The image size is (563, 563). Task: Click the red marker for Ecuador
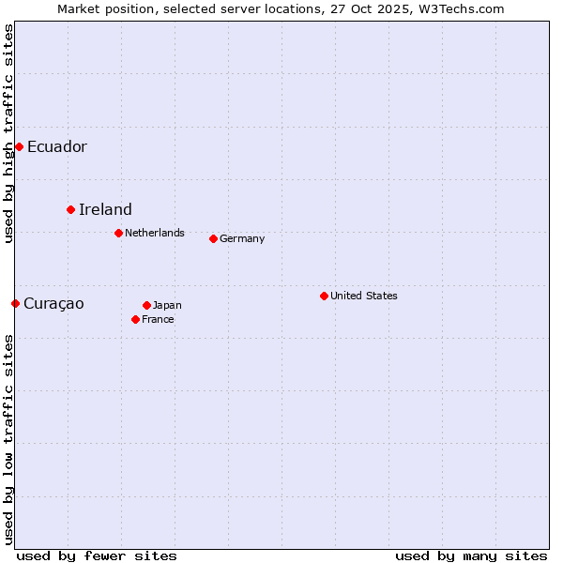19,146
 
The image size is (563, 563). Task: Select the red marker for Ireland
70,209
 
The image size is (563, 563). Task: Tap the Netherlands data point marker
118,233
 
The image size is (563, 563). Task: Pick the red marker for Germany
213,238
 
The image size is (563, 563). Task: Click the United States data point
324,296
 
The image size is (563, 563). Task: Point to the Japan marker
146,305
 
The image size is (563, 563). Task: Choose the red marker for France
135,319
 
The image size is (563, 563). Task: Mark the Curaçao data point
15,303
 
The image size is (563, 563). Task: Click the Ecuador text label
56,146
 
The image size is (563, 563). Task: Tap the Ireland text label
105,209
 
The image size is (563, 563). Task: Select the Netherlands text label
154,233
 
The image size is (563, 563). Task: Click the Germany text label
242,238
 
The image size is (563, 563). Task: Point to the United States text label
363,296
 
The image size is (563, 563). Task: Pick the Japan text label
167,305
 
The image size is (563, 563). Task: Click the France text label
158,319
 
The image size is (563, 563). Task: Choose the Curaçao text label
53,303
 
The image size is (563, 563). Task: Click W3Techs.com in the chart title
461,8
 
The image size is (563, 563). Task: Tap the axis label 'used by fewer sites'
97,555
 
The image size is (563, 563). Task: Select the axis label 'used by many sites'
471,555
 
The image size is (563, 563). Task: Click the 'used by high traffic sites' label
8,133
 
